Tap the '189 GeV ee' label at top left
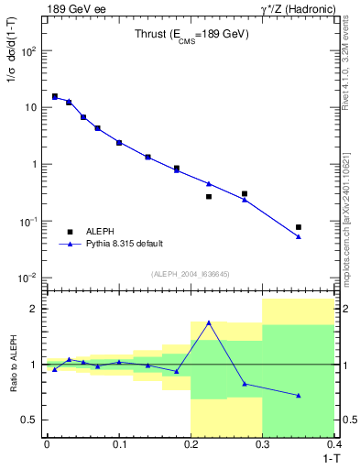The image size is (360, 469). pos(74,9)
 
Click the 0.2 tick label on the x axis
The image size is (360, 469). pos(191,443)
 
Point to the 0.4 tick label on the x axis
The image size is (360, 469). pos(334,443)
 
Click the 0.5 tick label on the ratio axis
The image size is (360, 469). pos(28,420)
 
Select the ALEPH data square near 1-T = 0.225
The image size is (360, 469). pos(209,196)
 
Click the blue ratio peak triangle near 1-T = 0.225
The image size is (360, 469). pos(209,322)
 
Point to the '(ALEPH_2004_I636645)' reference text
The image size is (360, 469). pos(191,273)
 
